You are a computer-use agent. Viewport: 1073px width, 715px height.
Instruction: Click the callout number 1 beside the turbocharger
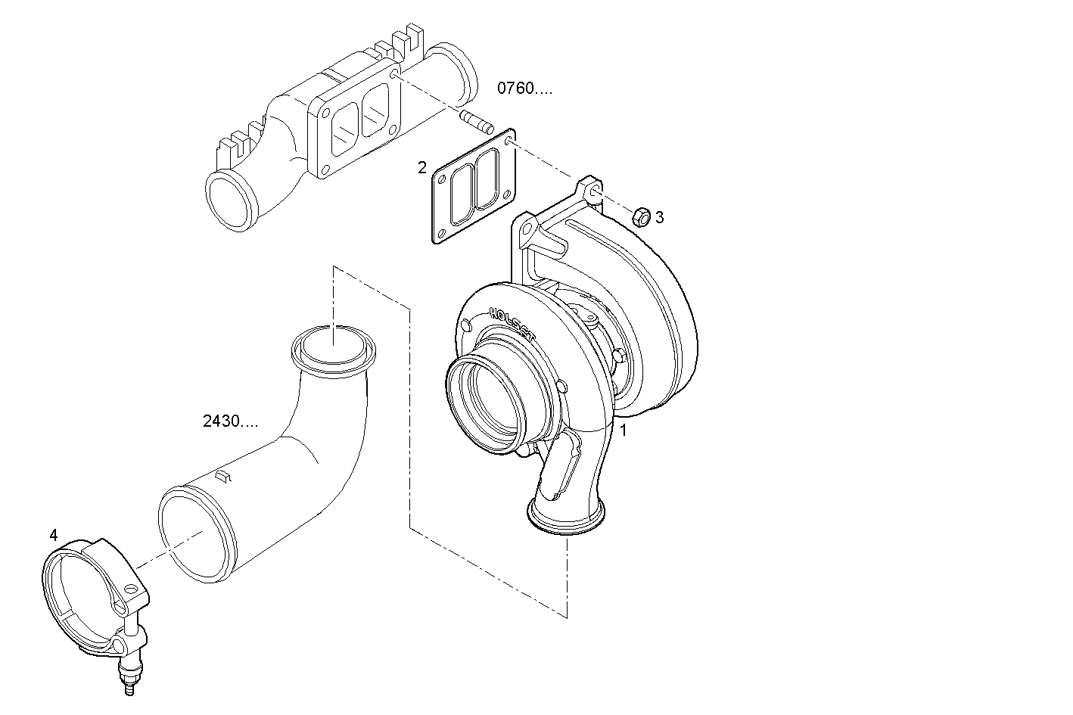point(624,431)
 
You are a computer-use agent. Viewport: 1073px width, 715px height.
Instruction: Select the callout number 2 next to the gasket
point(422,167)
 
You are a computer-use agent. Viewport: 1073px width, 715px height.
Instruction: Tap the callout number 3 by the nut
point(659,218)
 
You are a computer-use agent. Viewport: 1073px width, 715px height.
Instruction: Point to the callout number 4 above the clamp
point(53,535)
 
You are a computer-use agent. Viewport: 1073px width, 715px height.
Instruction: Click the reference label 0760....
point(524,89)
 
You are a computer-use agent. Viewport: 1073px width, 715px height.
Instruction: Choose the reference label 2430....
point(230,421)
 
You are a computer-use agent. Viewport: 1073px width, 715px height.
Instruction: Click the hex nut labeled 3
point(639,216)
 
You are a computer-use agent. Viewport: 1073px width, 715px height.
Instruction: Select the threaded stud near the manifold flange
point(476,120)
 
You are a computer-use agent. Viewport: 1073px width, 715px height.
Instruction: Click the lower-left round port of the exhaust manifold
point(231,201)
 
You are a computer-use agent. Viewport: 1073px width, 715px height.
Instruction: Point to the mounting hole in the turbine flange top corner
point(594,191)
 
